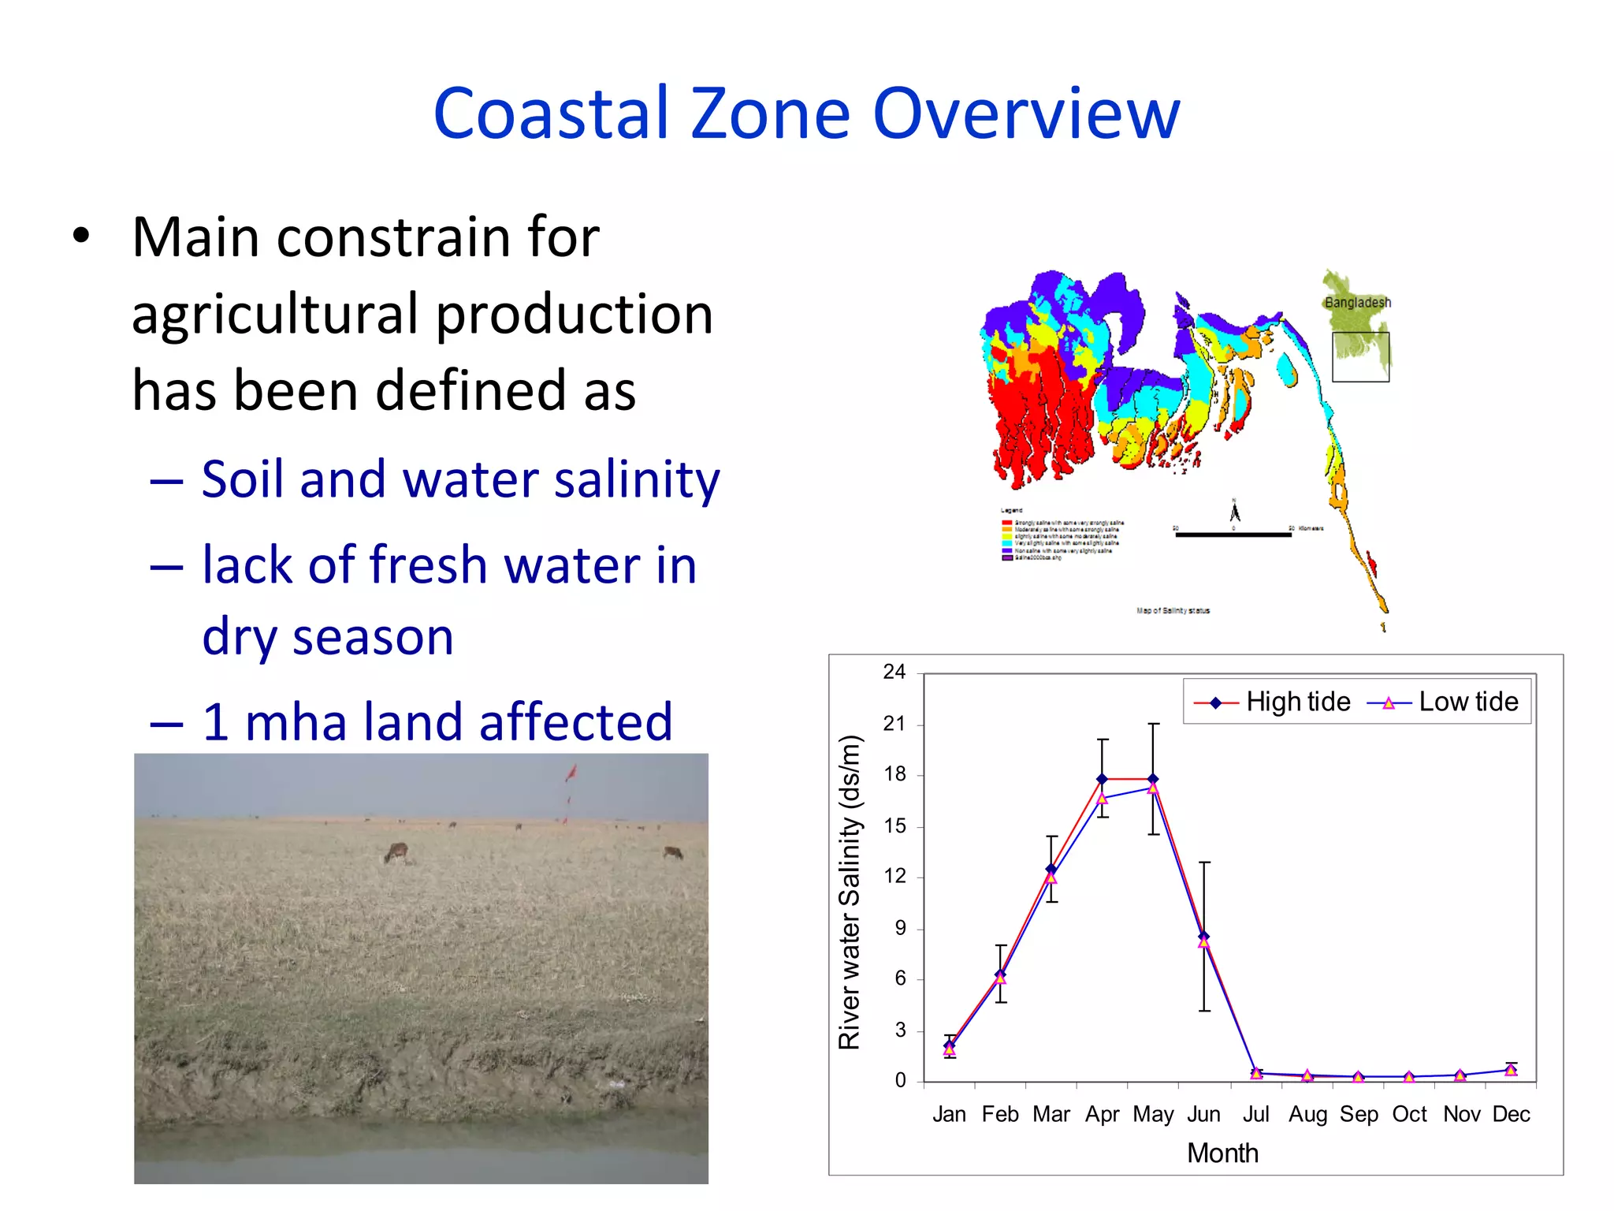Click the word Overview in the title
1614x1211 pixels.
point(1026,114)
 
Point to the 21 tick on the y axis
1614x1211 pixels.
point(894,724)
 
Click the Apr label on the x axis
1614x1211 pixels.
point(1102,1114)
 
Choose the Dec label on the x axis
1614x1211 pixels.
point(1511,1114)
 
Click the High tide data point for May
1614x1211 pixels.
point(1153,779)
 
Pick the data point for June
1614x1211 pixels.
point(1203,937)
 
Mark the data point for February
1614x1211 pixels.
point(1001,975)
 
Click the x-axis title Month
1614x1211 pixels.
point(1222,1153)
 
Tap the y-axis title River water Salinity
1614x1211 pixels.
point(850,892)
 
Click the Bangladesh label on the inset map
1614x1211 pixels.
point(1357,303)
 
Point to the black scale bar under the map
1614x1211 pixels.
point(1233,535)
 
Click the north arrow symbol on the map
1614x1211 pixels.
point(1235,512)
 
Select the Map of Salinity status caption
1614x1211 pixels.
point(1173,610)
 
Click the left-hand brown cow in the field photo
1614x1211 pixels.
point(396,851)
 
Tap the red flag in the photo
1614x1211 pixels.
point(571,773)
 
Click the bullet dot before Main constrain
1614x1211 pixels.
point(80,237)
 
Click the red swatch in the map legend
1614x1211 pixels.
point(1006,523)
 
